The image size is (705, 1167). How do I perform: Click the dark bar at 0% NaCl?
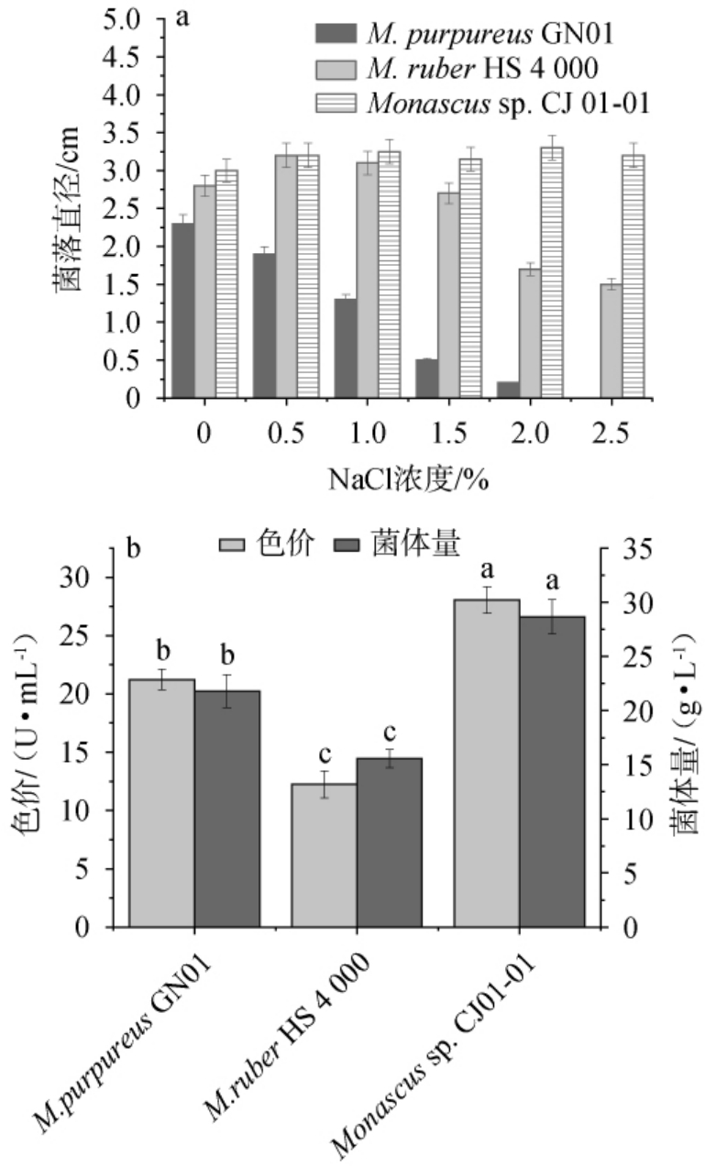182,311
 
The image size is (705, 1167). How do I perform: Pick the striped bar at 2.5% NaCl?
633,276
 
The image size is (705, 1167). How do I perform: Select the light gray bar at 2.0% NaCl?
529,334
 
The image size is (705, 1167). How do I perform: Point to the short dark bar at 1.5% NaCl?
426,379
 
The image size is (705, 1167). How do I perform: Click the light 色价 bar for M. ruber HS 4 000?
324,855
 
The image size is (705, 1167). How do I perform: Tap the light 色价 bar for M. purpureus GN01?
161,803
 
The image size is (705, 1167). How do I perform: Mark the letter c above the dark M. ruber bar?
389,733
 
